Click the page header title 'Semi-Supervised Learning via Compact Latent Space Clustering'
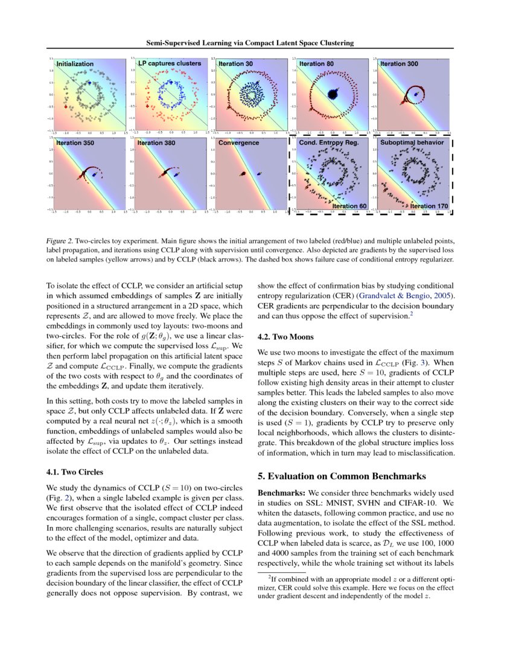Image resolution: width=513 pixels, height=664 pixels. (x=250, y=43)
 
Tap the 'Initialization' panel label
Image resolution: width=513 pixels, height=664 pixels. (x=75, y=63)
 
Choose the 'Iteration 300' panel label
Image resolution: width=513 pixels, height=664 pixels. (x=399, y=63)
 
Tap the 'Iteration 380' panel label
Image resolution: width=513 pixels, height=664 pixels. (x=156, y=143)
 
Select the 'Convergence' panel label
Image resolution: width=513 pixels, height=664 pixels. (x=238, y=143)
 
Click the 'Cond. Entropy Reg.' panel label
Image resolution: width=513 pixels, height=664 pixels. (x=329, y=143)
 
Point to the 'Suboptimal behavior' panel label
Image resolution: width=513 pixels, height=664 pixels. (x=412, y=143)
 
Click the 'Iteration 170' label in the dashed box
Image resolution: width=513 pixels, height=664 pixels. (x=429, y=206)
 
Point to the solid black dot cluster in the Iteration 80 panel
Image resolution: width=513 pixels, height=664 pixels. (x=331, y=94)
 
